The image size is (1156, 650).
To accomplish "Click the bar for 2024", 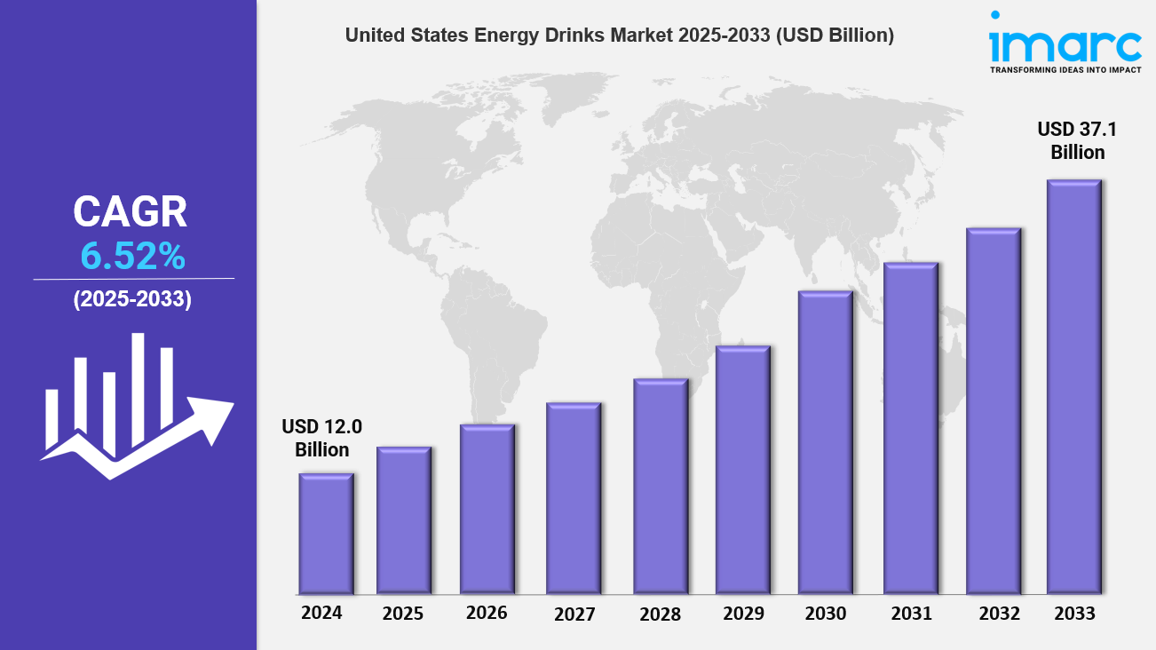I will [x=326, y=534].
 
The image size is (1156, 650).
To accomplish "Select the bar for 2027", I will [x=574, y=498].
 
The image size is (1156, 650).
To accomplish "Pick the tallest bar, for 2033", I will [x=1073, y=386].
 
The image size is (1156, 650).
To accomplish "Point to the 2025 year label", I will [x=403, y=614].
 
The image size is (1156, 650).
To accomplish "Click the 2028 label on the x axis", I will [x=660, y=614].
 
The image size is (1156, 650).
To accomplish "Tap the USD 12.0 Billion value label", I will [x=322, y=438].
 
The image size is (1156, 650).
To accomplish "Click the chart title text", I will [x=619, y=36].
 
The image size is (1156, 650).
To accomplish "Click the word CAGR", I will [x=131, y=212].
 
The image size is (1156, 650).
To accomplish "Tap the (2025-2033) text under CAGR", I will [x=132, y=299].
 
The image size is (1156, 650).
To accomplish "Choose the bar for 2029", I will [x=742, y=470].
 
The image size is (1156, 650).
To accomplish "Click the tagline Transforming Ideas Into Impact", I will [x=1065, y=69].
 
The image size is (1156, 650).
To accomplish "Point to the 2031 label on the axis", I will [x=912, y=614].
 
